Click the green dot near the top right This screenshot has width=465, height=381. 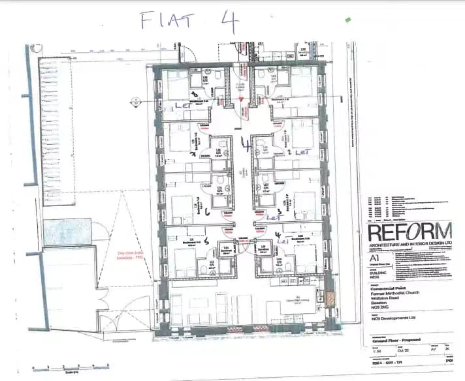click(348, 20)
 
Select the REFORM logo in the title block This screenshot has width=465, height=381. click(409, 232)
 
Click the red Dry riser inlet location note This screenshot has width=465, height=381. click(130, 254)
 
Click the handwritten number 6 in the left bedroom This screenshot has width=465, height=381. click(206, 211)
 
